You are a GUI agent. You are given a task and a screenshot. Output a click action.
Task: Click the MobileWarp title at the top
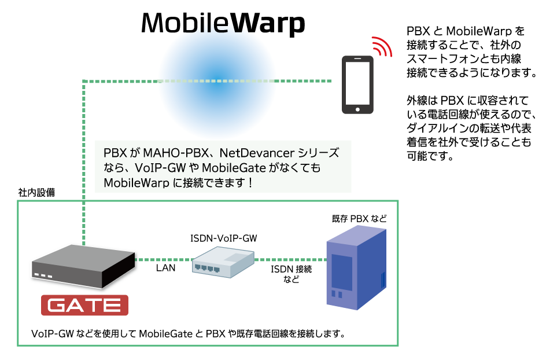click(223, 23)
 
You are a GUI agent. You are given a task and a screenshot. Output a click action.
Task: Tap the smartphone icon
click(357, 85)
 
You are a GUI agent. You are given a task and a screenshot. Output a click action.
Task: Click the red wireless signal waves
click(382, 46)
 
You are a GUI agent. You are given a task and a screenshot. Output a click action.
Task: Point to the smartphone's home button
click(357, 109)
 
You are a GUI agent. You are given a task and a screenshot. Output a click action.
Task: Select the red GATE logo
click(84, 305)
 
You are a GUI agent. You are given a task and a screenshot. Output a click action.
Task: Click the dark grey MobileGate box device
click(83, 266)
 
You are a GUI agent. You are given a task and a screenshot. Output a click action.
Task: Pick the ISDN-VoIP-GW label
click(224, 238)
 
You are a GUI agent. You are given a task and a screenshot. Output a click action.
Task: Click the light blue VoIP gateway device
click(223, 262)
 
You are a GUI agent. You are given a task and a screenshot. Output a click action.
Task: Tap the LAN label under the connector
click(165, 268)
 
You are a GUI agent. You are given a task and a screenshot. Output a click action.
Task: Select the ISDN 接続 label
click(291, 269)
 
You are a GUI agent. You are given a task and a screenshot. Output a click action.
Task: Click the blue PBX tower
click(356, 267)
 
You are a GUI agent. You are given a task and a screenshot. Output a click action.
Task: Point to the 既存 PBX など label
click(359, 219)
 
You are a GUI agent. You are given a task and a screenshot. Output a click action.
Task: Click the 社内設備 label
click(36, 192)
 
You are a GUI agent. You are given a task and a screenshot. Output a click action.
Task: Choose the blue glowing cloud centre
click(216, 81)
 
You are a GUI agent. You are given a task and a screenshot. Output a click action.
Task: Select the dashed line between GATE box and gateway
click(163, 260)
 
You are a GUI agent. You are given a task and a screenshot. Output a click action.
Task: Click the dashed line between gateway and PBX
click(291, 260)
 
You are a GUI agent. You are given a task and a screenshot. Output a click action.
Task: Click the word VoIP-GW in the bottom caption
click(53, 334)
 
